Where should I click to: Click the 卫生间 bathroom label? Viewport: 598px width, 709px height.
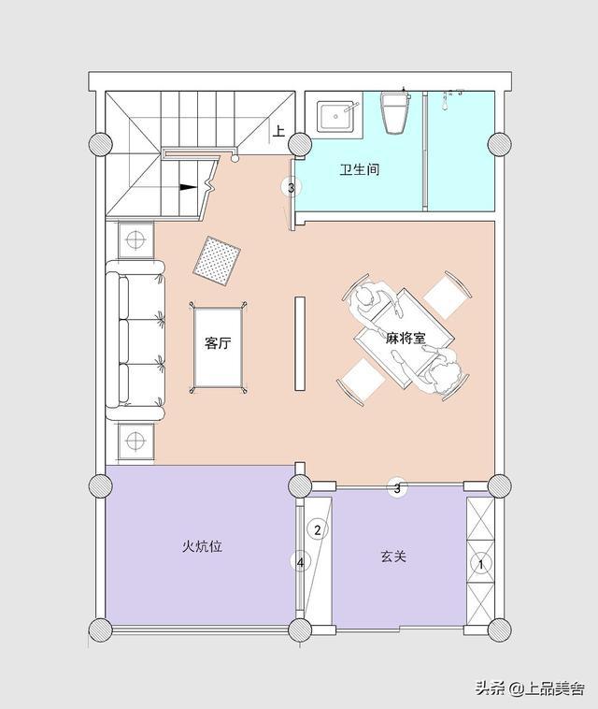coord(360,170)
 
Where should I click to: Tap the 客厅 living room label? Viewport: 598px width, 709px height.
coord(218,342)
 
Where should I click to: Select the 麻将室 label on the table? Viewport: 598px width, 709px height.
coord(406,338)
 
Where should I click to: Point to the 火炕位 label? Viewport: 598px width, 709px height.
coord(203,546)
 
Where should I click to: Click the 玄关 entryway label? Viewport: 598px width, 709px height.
coord(393,556)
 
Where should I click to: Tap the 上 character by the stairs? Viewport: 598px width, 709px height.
coord(278,131)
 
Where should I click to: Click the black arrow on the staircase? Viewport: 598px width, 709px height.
coord(189,187)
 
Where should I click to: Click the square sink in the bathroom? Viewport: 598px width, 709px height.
coord(337,117)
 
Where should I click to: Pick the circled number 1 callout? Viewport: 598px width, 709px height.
coord(481,564)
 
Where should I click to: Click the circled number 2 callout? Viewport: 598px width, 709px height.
coord(317,529)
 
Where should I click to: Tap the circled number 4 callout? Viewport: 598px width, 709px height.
coord(300,562)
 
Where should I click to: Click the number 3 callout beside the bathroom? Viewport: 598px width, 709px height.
coord(291,187)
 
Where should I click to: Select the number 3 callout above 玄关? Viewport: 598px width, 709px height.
coord(397,488)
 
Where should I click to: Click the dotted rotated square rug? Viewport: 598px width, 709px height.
coord(217,261)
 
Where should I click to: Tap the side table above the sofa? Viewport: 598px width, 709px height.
coord(135,239)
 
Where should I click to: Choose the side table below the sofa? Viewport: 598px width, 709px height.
coord(135,440)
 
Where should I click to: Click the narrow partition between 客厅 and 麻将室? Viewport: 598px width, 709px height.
coord(300,342)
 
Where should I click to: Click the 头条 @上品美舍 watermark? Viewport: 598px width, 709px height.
coord(530,688)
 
